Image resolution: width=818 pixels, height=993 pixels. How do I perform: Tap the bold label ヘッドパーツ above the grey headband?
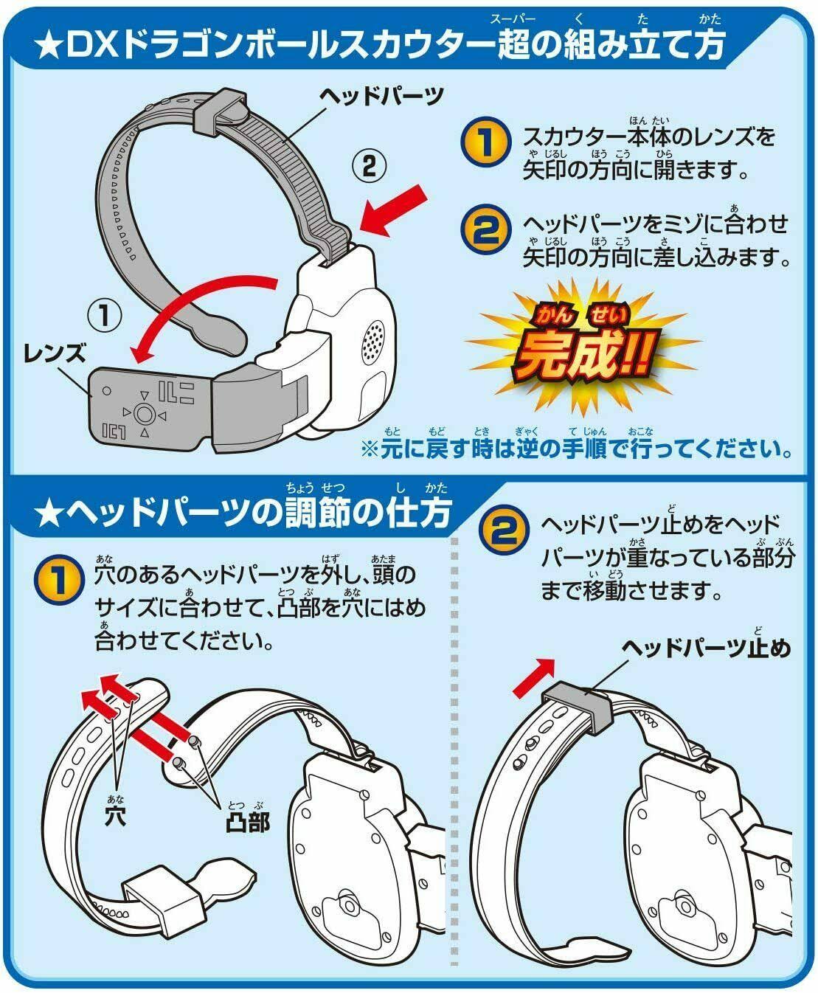[381, 95]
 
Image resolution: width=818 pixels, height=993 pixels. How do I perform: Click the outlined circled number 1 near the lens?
[104, 316]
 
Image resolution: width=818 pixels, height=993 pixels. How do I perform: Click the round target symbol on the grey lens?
[144, 414]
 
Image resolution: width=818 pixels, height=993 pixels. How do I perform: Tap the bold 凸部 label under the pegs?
[247, 821]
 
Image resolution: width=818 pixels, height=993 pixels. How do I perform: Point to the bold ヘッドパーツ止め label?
[707, 648]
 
